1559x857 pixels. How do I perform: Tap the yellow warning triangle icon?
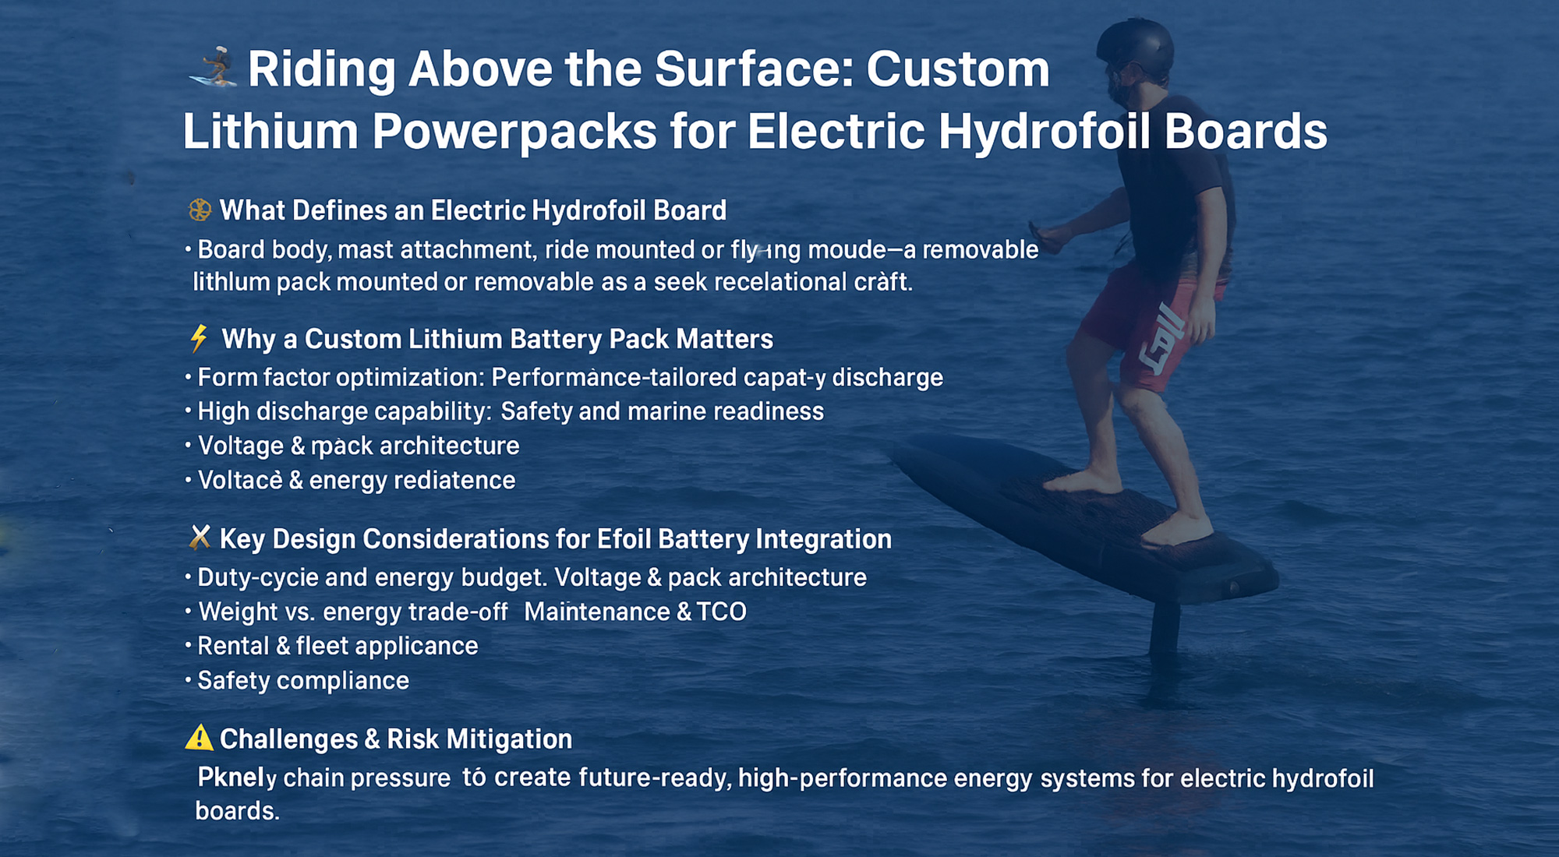pos(200,738)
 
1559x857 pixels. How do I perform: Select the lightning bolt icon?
pos(200,338)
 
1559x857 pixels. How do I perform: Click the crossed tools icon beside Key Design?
pos(200,538)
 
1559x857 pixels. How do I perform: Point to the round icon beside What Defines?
pos(200,210)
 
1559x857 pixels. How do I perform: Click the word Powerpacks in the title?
pos(514,131)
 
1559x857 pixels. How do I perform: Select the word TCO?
pos(722,612)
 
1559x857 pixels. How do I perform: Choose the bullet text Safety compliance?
pos(303,681)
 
